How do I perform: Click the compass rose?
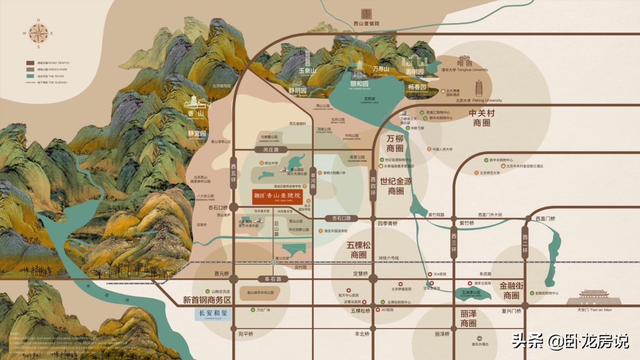point(38,33)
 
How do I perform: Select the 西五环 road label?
point(233,173)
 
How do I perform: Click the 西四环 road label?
point(373,186)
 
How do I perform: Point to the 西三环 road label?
point(454,243)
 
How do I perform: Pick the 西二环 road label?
point(525,243)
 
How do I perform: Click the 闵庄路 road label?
point(271,150)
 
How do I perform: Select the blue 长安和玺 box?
point(213,314)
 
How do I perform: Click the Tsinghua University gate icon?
point(464,62)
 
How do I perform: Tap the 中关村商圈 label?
point(481,117)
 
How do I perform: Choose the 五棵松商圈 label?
point(359,250)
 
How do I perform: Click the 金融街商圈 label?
point(511,290)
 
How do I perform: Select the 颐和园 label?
point(359,84)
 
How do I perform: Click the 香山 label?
point(196,114)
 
